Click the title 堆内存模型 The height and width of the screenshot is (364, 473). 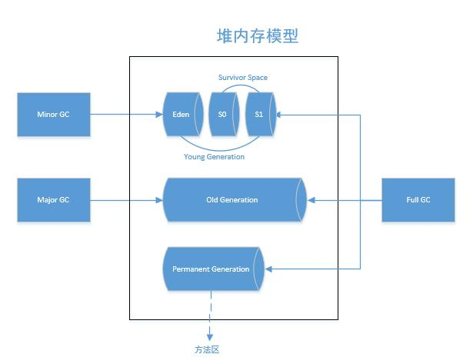pos(257,35)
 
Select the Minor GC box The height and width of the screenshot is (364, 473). pos(53,115)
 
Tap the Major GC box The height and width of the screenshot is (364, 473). pos(53,199)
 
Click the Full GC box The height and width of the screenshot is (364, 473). pos(418,199)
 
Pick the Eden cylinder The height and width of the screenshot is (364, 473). pos(182,115)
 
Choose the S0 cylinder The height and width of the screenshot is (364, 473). pos(222,115)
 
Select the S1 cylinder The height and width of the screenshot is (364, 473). pos(258,115)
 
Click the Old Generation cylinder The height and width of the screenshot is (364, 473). pos(232,199)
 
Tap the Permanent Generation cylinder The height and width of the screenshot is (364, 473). pos(212,269)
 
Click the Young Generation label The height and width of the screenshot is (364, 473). pos(214,157)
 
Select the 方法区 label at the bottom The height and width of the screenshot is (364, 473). pos(207,349)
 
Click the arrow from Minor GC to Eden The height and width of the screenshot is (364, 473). pos(127,115)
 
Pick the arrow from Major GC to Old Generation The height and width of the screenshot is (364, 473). pos(127,199)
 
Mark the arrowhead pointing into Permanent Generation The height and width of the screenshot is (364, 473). pos(270,269)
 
